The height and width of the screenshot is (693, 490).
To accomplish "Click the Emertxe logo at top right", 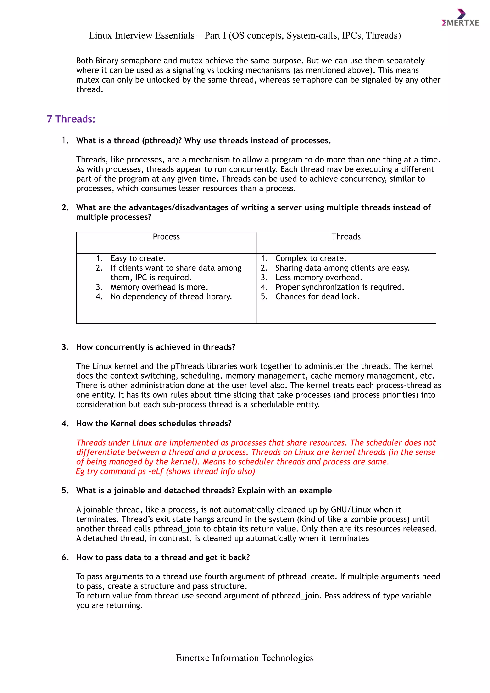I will click(460, 18).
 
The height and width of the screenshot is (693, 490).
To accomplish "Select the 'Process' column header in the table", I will click(166, 237).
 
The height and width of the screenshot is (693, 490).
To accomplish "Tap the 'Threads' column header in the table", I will click(346, 237).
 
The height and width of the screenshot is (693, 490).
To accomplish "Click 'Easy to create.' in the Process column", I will click(138, 258).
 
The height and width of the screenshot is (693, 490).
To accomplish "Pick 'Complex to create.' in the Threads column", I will click(311, 258).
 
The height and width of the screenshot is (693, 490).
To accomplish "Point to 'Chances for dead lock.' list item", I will click(317, 297).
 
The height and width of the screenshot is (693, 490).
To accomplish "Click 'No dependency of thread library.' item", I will click(171, 297).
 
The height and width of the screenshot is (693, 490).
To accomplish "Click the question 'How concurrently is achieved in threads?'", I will click(156, 347).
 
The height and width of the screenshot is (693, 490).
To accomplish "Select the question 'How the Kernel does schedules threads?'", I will click(154, 424).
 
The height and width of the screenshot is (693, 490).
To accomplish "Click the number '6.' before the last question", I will click(65, 558).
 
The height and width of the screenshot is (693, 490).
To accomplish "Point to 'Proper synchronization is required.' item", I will click(340, 287).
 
